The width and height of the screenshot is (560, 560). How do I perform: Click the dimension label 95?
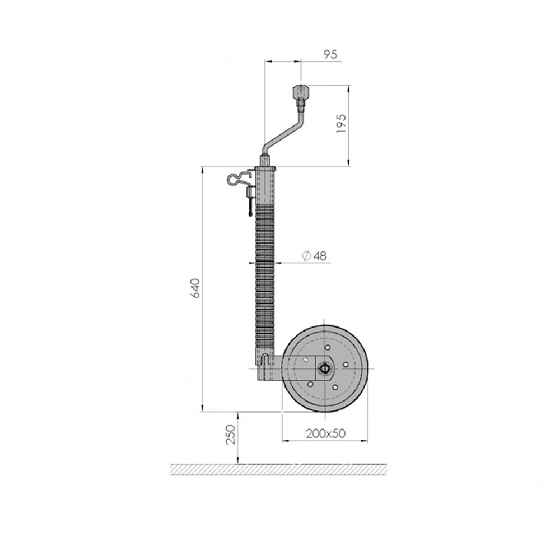pos(330,55)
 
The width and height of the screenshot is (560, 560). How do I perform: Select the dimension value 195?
pos(342,124)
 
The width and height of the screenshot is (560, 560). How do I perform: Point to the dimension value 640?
pos(195,288)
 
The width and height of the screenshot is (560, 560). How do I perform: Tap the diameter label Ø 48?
pos(314,256)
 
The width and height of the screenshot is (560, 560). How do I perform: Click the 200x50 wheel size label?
pos(326,433)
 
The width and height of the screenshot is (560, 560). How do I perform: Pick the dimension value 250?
pos(231,435)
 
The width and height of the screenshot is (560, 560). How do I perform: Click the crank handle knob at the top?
pos(300,92)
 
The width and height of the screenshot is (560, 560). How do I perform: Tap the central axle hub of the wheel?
pos(325,368)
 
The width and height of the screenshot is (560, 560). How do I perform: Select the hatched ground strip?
pos(278,469)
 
